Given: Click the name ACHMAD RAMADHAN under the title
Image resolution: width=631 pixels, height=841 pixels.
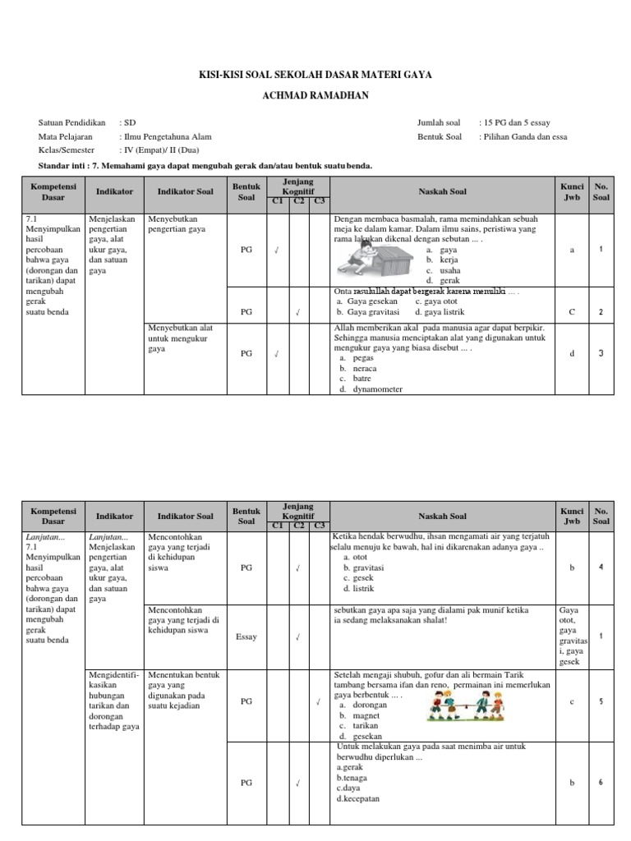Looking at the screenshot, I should pos(315,94).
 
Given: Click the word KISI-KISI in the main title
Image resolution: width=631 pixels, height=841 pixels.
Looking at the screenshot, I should pos(224,75).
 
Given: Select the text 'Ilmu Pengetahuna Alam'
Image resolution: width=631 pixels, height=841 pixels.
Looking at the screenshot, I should pos(167,137).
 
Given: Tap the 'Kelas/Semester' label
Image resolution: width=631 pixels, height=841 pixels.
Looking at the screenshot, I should pos(67,150).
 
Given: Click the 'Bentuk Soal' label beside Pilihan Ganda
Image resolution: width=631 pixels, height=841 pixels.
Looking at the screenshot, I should pos(440,137).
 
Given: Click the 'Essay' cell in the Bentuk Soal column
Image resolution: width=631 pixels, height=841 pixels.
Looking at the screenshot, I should pos(246,636).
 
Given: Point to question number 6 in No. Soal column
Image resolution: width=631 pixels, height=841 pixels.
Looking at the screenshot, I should pos(601,783).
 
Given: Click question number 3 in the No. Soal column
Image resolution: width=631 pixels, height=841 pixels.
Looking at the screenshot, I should pos(601,353).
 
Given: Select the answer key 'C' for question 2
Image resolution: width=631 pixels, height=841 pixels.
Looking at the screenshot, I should pos(571,312).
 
